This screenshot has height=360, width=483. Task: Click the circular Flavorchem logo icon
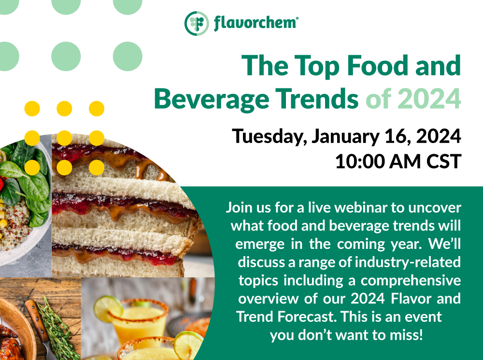tap(197, 23)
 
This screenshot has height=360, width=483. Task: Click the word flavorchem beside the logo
tap(256, 23)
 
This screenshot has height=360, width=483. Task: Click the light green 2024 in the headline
tap(429, 99)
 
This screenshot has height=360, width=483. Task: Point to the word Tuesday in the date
tap(269, 137)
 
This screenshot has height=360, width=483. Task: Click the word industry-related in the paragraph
tap(408, 262)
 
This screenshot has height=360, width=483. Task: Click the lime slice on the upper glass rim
tap(108, 308)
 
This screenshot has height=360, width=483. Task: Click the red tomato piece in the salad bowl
tap(1, 184)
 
